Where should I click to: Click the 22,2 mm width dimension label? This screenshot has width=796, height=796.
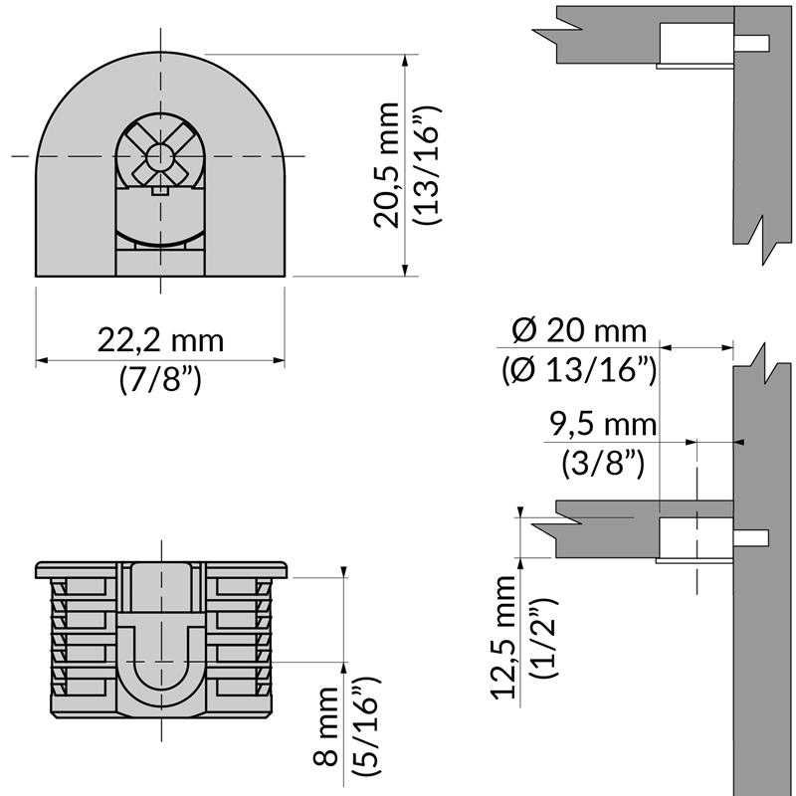[x=160, y=340]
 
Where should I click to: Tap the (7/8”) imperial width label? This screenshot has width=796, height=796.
[x=160, y=379]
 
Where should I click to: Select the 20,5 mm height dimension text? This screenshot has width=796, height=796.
[x=387, y=165]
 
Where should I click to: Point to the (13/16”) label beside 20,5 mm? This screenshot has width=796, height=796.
[x=428, y=165]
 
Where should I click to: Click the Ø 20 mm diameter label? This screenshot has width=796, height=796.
[x=579, y=331]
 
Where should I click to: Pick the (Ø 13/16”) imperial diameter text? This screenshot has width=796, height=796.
[x=579, y=369]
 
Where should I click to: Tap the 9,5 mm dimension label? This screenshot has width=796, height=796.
[x=603, y=425]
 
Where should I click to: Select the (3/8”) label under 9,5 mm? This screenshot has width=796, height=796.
[x=603, y=463]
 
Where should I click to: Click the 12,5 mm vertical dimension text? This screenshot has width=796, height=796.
[x=503, y=638]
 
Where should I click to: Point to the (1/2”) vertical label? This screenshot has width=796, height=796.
[x=543, y=638]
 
